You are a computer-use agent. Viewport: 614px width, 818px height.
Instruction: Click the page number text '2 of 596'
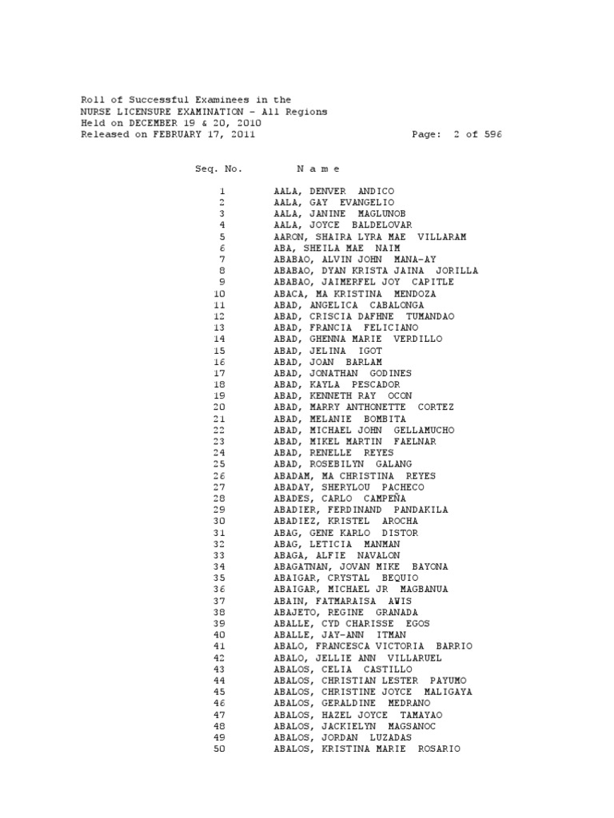(x=477, y=135)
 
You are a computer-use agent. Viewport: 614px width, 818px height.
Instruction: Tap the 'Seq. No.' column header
(x=217, y=169)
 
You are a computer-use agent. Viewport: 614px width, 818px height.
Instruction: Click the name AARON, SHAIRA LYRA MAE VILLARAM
(x=369, y=237)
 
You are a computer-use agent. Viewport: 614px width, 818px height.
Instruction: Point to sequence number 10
(x=221, y=294)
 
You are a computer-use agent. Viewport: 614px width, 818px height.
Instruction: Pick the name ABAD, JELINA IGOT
(x=328, y=351)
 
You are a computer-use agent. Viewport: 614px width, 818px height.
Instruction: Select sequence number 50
(x=221, y=749)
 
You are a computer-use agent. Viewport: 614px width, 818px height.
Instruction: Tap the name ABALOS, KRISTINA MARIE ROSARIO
(x=367, y=749)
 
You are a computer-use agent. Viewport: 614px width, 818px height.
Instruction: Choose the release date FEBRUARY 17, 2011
(x=197, y=135)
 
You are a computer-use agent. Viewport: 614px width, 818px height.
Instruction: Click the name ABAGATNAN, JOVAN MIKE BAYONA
(x=361, y=566)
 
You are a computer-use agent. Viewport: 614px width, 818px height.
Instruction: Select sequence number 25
(x=221, y=464)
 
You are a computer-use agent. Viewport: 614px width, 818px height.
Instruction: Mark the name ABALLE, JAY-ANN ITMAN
(x=339, y=635)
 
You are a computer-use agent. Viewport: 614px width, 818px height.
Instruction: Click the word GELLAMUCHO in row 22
(x=426, y=431)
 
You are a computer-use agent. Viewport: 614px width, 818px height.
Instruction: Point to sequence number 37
(x=221, y=601)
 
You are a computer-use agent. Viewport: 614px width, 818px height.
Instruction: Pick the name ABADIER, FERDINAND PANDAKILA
(x=361, y=510)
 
